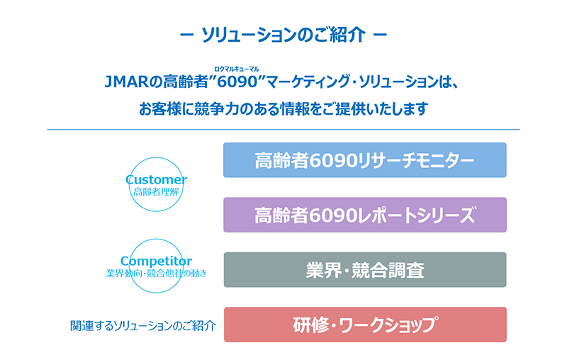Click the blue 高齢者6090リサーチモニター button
pyautogui.click(x=364, y=160)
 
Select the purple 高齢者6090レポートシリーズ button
pyautogui.click(x=365, y=215)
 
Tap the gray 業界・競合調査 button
pyautogui.click(x=365, y=269)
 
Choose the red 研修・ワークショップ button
pyautogui.click(x=365, y=325)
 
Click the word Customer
pyautogui.click(x=156, y=179)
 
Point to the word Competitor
pyautogui.click(x=156, y=261)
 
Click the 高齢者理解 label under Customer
pyautogui.click(x=156, y=191)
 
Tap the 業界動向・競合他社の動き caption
pyautogui.click(x=156, y=274)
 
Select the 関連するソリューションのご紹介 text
pyautogui.click(x=143, y=326)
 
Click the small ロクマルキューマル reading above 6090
pyautogui.click(x=237, y=69)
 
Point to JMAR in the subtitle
pyautogui.click(x=127, y=81)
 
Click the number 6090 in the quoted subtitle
pyautogui.click(x=237, y=81)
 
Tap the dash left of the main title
pyautogui.click(x=186, y=35)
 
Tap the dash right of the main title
pyautogui.click(x=380, y=35)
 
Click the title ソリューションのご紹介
pyautogui.click(x=283, y=35)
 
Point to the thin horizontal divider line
pyautogui.click(x=283, y=130)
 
